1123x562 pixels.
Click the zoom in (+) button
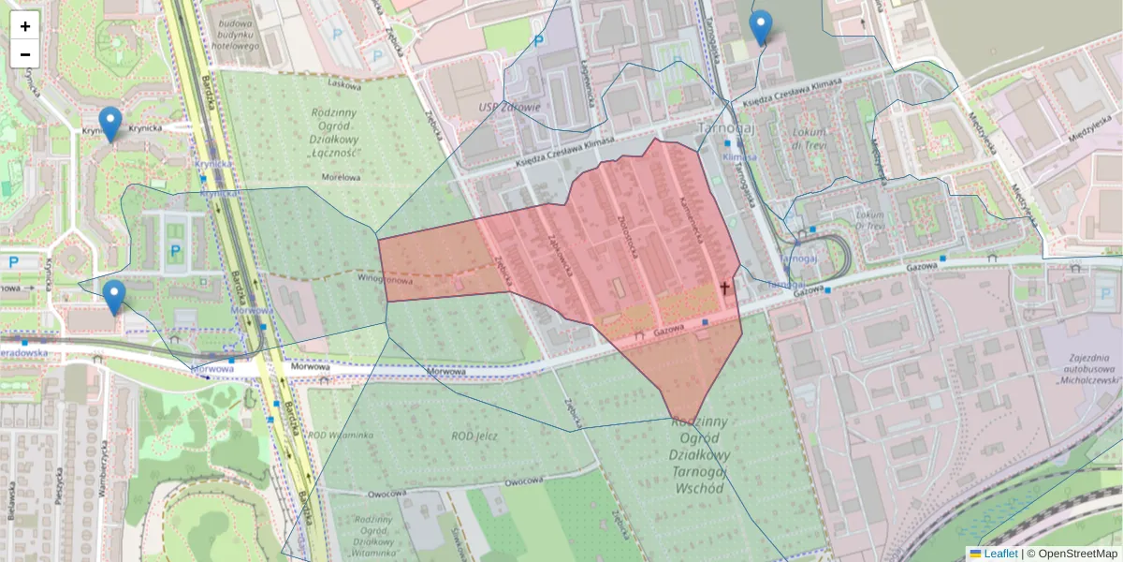point(25,26)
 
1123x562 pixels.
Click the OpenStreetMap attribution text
point(1072,554)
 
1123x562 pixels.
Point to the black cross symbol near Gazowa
point(724,289)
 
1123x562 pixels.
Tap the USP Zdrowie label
point(508,106)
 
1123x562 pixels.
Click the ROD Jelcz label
point(474,436)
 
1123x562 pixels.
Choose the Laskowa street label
point(344,83)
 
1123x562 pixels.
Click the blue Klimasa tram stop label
point(738,158)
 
